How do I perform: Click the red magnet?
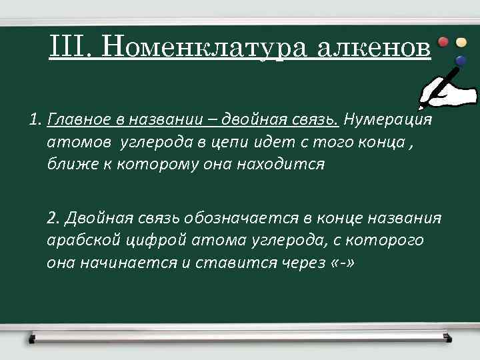click(x=443, y=42)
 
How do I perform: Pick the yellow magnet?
click(x=461, y=42)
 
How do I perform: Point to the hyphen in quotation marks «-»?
click(x=341, y=262)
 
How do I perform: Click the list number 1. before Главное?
click(x=36, y=120)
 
